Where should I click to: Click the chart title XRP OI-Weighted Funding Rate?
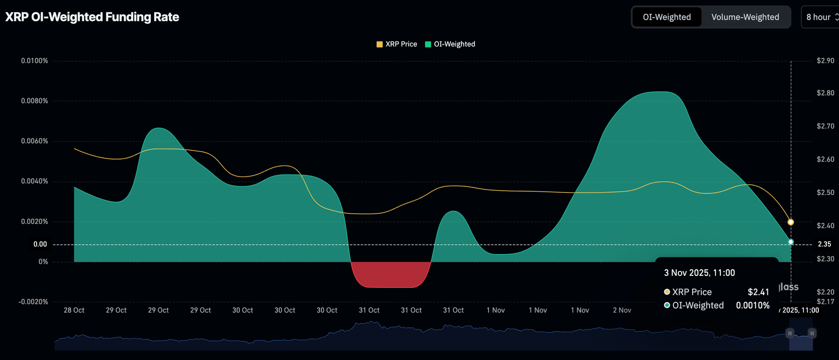[x=92, y=17]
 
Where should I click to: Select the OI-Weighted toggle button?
[x=666, y=17]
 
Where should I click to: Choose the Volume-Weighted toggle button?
[x=745, y=17]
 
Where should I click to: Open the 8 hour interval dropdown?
[x=819, y=17]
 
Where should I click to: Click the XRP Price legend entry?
[x=397, y=44]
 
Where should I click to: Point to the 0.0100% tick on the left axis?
[x=34, y=61]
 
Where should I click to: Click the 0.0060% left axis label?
[x=34, y=141]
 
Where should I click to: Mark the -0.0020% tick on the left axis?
[x=33, y=302]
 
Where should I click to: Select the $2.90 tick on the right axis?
[x=825, y=61]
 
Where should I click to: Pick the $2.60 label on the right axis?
[x=825, y=160]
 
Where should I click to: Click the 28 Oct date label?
[x=74, y=310]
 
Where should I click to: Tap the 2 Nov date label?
[x=622, y=310]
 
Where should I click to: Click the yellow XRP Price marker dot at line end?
[x=790, y=222]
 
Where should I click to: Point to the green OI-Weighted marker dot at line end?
[x=790, y=242]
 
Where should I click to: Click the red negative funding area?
[x=389, y=274]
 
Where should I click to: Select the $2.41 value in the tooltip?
[x=758, y=292]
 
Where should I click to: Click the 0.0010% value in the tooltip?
[x=752, y=305]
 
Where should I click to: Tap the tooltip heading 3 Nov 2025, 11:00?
[x=699, y=273]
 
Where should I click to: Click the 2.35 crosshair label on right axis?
[x=824, y=244]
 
